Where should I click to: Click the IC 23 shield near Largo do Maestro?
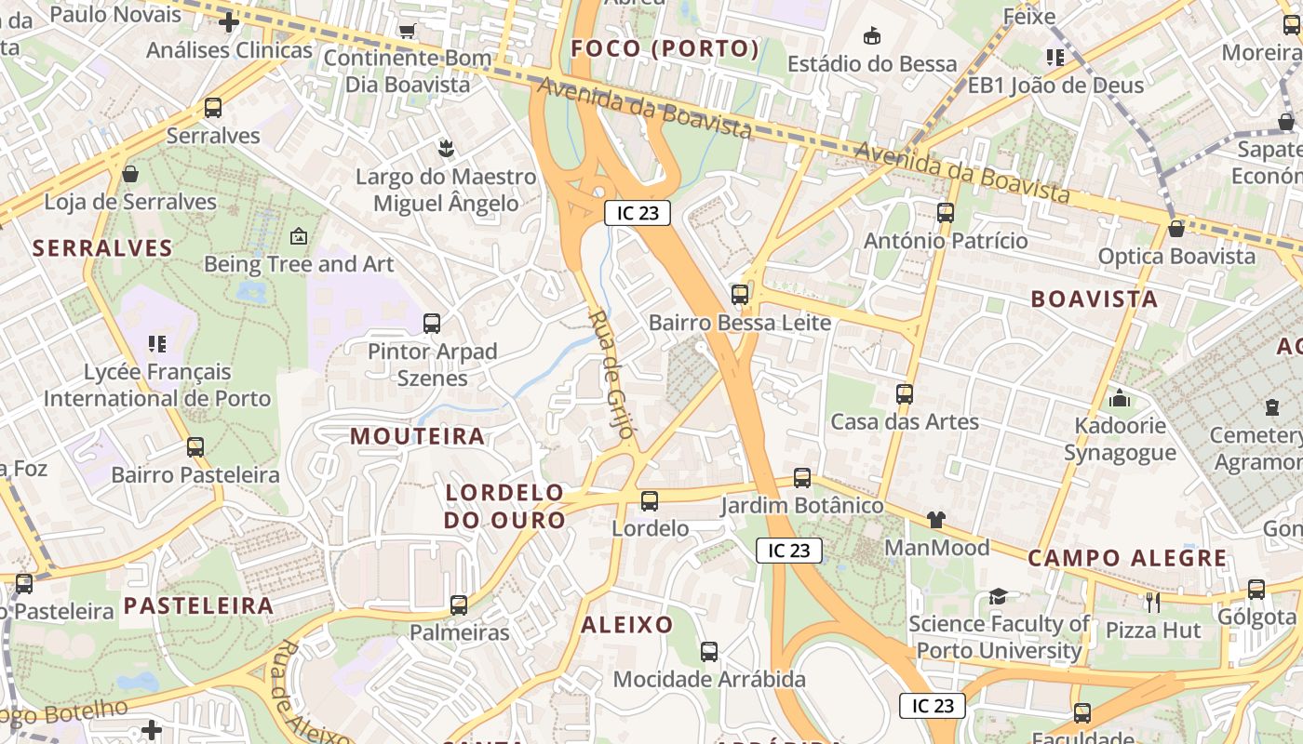pos(638,213)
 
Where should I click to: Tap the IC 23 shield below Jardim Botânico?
pos(789,551)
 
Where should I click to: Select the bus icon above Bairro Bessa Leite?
pos(740,295)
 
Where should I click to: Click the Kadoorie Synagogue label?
pos(1121,439)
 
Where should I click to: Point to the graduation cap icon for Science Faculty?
pos(998,596)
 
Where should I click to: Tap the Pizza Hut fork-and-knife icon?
pos(1153,602)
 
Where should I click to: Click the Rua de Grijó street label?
pos(611,375)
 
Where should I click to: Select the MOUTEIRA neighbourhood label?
pos(418,436)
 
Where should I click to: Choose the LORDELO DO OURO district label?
pos(504,506)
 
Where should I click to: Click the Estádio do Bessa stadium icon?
pos(872,36)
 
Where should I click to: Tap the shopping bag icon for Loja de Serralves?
pos(130,174)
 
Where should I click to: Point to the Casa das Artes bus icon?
pos(905,393)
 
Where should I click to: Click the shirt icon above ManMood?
pos(935,520)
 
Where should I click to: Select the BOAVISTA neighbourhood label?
pos(1095,299)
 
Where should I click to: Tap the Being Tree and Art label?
pos(299,264)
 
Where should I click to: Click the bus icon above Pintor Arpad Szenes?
pos(432,324)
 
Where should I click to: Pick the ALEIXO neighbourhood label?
pos(627,625)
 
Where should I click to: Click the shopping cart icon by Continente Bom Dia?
pos(407,31)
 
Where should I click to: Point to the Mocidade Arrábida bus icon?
pos(709,652)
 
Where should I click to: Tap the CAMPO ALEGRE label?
pos(1127,559)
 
